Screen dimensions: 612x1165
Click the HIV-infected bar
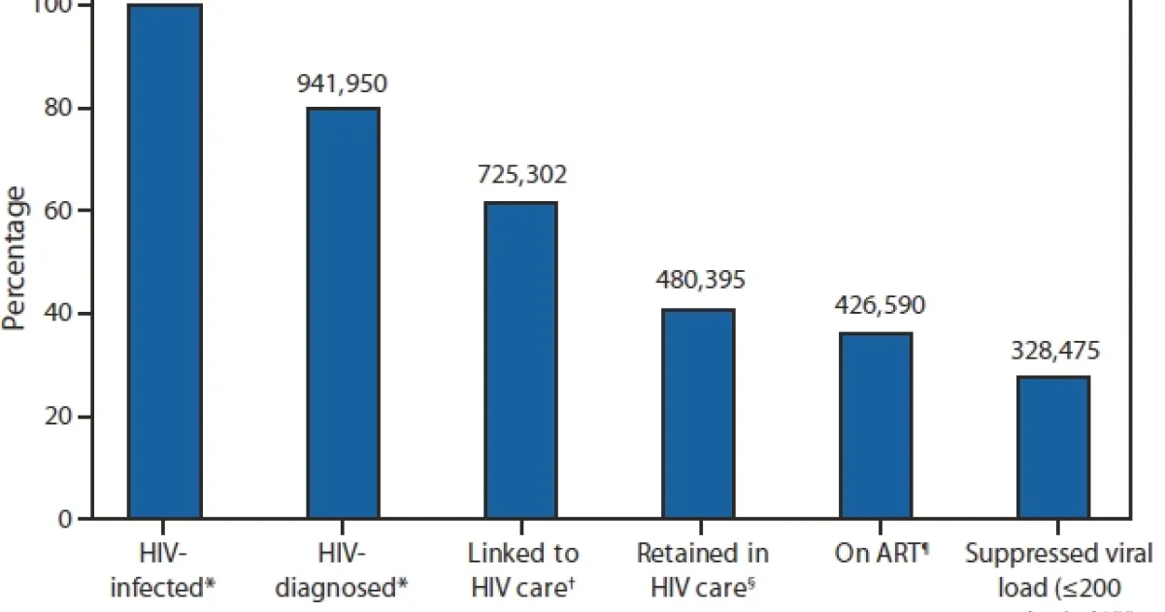pos(166,262)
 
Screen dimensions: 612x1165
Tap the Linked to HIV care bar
pos(520,360)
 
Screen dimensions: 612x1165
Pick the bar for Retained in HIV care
pos(698,414)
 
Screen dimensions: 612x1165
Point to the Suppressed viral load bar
pos(1052,448)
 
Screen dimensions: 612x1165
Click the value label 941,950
pos(342,84)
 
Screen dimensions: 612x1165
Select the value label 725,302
pos(520,176)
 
